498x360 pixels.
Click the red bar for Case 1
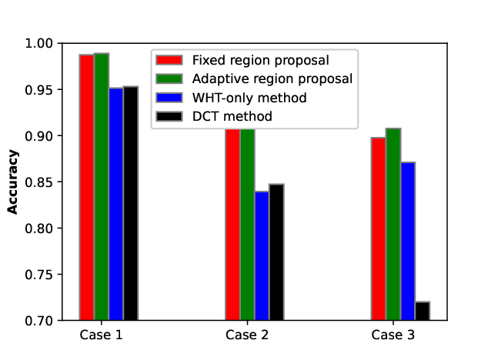click(87, 187)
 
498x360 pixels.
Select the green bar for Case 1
click(102, 187)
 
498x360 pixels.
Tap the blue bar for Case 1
click(116, 204)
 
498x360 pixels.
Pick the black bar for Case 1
click(131, 203)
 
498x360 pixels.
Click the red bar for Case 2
click(232, 225)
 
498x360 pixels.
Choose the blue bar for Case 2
click(262, 256)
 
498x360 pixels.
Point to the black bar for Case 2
click(276, 252)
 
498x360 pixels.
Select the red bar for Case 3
click(379, 229)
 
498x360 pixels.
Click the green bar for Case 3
click(393, 225)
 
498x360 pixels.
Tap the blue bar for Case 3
click(408, 242)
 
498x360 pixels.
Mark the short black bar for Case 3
click(423, 311)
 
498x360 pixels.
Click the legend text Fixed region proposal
click(260, 60)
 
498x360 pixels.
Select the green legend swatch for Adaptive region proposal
click(169, 78)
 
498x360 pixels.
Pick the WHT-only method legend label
click(249, 98)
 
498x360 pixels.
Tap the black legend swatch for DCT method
click(169, 116)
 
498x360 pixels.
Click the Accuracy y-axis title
click(13, 182)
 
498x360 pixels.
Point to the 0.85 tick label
click(39, 182)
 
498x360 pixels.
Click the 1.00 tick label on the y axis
click(39, 43)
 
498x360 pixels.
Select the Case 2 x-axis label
click(247, 335)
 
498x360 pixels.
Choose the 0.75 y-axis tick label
click(39, 275)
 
